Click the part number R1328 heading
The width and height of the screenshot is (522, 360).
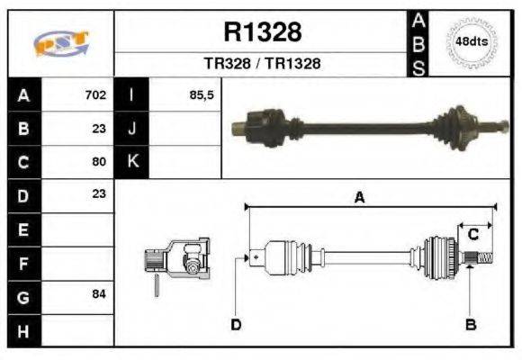click(262, 32)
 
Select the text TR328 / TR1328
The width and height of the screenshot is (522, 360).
click(262, 64)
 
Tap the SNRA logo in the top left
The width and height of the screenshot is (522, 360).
click(60, 43)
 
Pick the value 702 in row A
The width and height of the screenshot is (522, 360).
click(95, 94)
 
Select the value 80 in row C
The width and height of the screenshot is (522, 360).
click(99, 162)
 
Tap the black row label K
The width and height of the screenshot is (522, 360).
click(132, 162)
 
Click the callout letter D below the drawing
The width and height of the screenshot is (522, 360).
click(236, 324)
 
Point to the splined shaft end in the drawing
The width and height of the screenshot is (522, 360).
click(481, 260)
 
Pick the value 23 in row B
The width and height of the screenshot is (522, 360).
click(99, 128)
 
